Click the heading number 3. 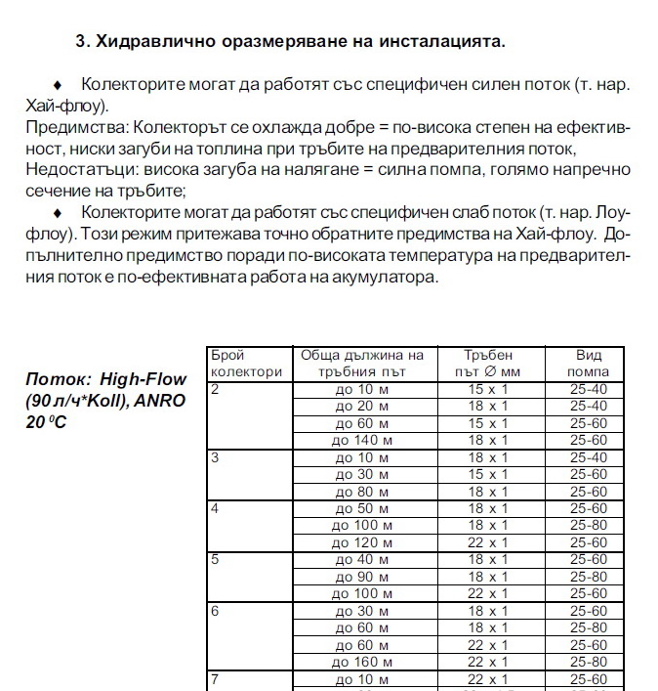point(82,42)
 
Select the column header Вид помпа point(589,363)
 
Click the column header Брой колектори point(246,363)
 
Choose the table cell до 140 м point(361,440)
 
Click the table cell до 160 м point(361,662)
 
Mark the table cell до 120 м point(361,542)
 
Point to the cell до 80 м point(361,492)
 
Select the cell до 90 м point(361,577)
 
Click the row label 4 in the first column point(215,509)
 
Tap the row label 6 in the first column point(215,611)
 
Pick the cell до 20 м point(361,406)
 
